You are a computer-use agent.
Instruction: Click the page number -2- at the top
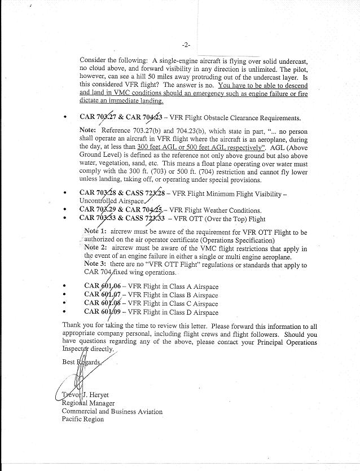point(186,45)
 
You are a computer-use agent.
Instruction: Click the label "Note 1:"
point(95,231)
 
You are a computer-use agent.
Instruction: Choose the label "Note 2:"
point(95,248)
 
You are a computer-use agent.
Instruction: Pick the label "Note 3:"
point(95,265)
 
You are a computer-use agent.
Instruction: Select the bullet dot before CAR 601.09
point(68,312)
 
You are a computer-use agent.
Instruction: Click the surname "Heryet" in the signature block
point(104,395)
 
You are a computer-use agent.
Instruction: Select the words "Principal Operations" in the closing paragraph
point(287,342)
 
